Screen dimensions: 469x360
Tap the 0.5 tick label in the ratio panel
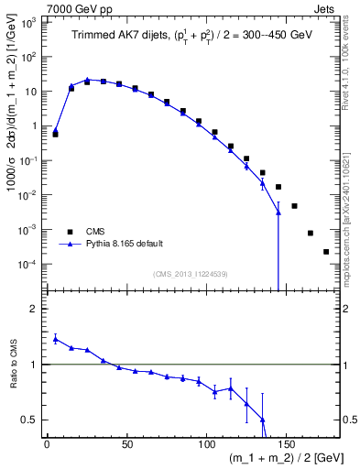click(32, 420)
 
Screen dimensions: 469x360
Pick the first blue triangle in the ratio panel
click(56, 338)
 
